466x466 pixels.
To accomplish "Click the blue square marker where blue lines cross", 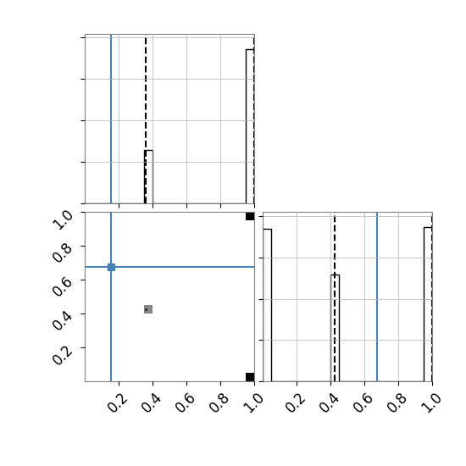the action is (x=111, y=267).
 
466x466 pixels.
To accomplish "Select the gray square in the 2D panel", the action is (x=148, y=309).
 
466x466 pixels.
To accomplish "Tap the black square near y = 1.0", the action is (x=250, y=216).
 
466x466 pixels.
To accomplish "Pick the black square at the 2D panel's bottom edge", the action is (x=250, y=377).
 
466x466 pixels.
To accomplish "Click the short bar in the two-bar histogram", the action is (x=148, y=177).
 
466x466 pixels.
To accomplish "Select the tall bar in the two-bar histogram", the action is (x=250, y=126).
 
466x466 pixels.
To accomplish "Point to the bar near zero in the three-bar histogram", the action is (x=267, y=305).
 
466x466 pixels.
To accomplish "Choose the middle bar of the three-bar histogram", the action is (x=335, y=328).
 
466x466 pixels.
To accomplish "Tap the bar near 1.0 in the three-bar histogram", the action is (x=428, y=304).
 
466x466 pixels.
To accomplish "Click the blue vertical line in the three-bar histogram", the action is (x=377, y=297).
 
